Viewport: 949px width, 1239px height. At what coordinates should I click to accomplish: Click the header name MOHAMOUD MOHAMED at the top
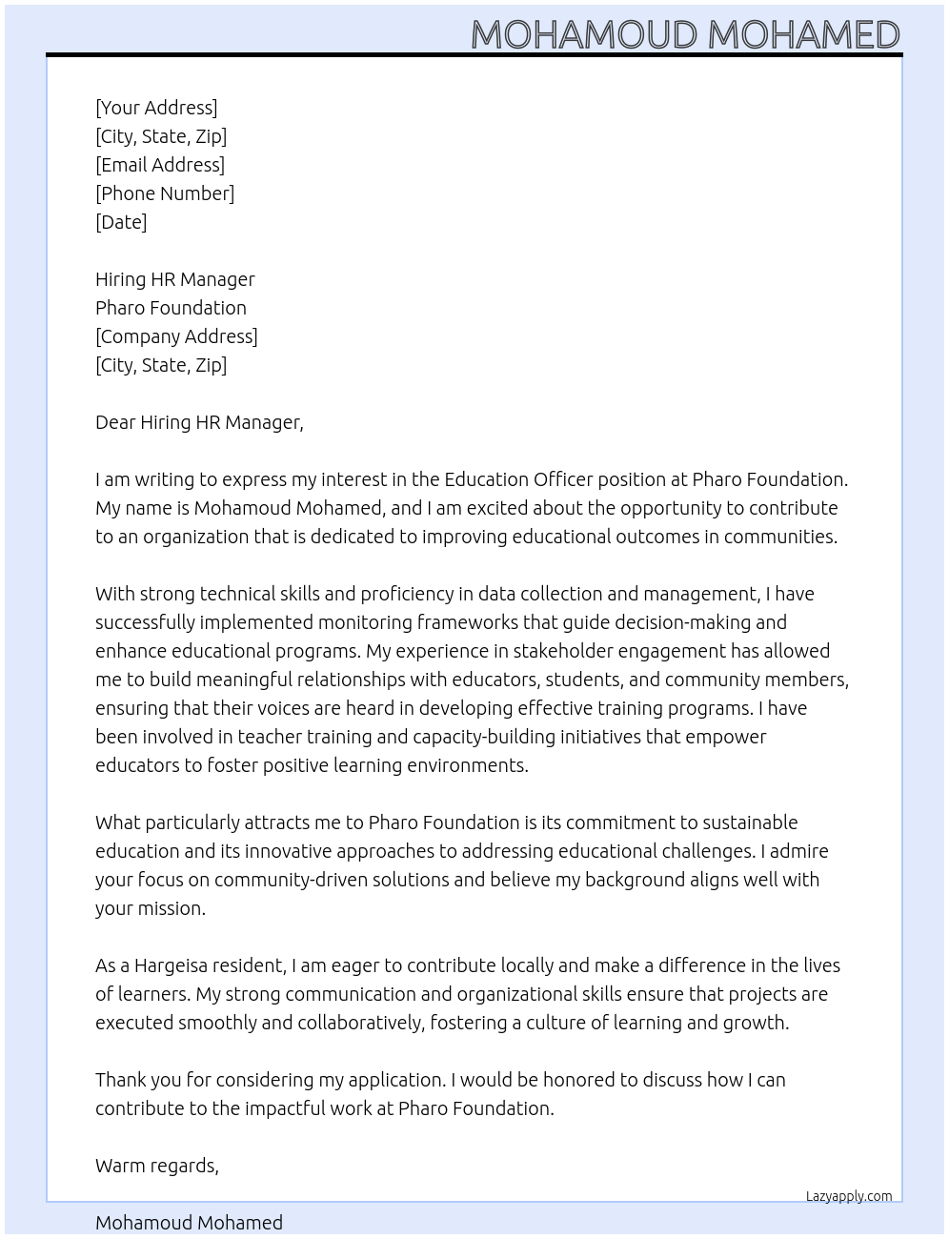pos(685,34)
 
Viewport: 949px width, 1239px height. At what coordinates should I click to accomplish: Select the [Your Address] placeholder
pos(156,108)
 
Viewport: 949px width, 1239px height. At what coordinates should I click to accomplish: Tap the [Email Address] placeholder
pos(160,165)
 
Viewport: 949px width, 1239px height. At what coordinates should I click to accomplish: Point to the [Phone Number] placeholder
pos(165,193)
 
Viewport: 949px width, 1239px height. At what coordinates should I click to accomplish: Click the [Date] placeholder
pos(121,222)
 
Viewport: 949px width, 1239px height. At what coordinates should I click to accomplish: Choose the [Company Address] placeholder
pos(176,336)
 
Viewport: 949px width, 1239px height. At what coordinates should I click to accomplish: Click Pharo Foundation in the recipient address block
pos(171,308)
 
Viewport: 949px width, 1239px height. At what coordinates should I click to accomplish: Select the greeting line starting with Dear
pos(199,422)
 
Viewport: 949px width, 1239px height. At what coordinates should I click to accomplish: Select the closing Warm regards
pos(157,1166)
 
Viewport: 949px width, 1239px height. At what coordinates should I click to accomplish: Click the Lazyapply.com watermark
pos(849,1196)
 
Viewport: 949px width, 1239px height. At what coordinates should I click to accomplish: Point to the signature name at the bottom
pos(189,1223)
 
